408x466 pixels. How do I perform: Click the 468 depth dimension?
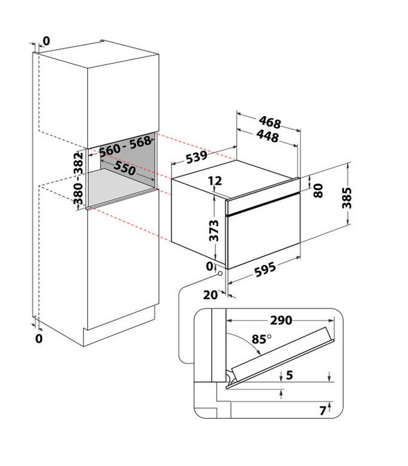[x=270, y=122]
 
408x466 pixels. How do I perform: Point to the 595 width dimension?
[x=265, y=270]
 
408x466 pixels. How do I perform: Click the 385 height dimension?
[x=347, y=198]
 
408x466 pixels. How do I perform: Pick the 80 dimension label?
[x=319, y=191]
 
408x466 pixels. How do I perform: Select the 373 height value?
[x=214, y=231]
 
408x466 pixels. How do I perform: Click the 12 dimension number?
[x=215, y=181]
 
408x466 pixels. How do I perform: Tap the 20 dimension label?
[x=210, y=295]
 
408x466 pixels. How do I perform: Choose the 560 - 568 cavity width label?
[x=125, y=146]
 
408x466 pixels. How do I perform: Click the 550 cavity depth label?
[x=124, y=168]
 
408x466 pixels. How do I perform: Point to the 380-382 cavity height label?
[x=79, y=179]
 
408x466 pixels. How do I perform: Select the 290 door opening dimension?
[x=281, y=321]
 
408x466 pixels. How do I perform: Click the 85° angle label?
[x=261, y=339]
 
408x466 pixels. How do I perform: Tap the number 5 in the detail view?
[x=289, y=375]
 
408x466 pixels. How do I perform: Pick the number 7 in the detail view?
[x=323, y=411]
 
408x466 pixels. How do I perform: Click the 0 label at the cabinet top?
[x=46, y=41]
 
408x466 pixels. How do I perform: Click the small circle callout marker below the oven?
[x=220, y=273]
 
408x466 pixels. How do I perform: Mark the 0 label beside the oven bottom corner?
[x=209, y=266]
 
